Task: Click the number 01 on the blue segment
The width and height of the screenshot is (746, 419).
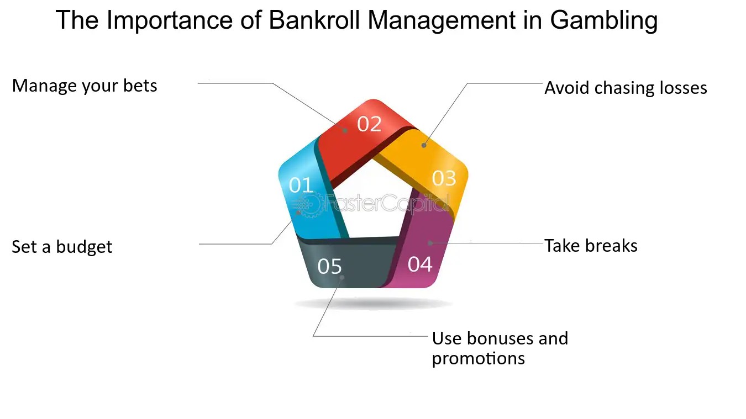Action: click(301, 185)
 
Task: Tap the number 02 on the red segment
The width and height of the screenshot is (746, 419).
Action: click(369, 124)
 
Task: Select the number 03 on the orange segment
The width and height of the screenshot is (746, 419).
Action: click(444, 178)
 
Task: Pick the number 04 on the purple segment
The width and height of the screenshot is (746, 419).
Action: click(420, 264)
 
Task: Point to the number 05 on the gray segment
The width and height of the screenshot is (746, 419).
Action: click(329, 266)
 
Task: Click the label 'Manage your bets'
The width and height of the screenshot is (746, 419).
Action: click(85, 86)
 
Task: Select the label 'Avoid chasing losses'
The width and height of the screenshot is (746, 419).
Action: click(626, 88)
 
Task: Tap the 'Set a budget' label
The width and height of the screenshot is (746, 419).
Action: click(62, 247)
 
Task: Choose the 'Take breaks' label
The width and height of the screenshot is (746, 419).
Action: click(591, 246)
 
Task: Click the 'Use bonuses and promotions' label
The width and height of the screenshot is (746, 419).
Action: click(500, 348)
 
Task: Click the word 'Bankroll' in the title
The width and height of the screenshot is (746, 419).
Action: click(314, 20)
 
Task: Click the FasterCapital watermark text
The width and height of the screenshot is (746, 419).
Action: click(386, 203)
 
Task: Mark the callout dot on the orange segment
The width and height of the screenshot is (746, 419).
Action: click(424, 145)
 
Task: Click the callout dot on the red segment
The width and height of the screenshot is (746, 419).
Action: click(345, 131)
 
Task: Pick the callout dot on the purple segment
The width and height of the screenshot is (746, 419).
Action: click(430, 243)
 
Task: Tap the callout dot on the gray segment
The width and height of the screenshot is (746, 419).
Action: click(342, 277)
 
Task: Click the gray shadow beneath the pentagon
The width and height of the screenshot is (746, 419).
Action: click(373, 304)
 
